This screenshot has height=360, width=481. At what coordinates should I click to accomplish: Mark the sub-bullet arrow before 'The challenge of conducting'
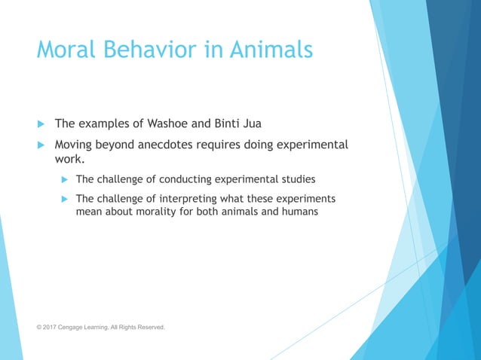[63, 180]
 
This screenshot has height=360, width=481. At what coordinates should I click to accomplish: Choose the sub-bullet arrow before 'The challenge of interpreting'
[63, 199]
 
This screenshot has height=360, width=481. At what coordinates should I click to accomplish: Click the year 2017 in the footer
[54, 328]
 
